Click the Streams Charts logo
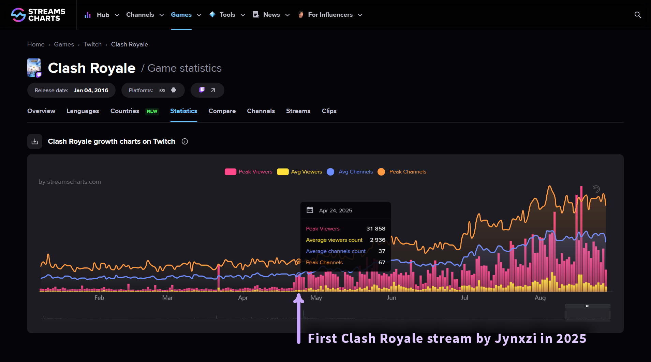point(38,15)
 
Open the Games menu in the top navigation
point(181,15)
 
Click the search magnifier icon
point(637,15)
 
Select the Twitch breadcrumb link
point(92,44)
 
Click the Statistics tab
point(183,111)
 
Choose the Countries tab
point(125,111)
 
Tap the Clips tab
point(329,111)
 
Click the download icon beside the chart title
point(35,141)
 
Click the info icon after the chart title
point(185,141)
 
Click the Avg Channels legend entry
point(355,172)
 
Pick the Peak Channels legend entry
point(408,172)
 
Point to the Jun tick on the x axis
point(391,298)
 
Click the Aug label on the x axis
point(540,298)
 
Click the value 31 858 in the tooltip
point(375,229)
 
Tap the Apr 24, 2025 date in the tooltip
point(336,211)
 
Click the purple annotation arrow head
point(299,298)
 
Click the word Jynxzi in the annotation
point(516,338)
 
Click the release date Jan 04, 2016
point(91,90)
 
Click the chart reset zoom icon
point(596,189)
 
